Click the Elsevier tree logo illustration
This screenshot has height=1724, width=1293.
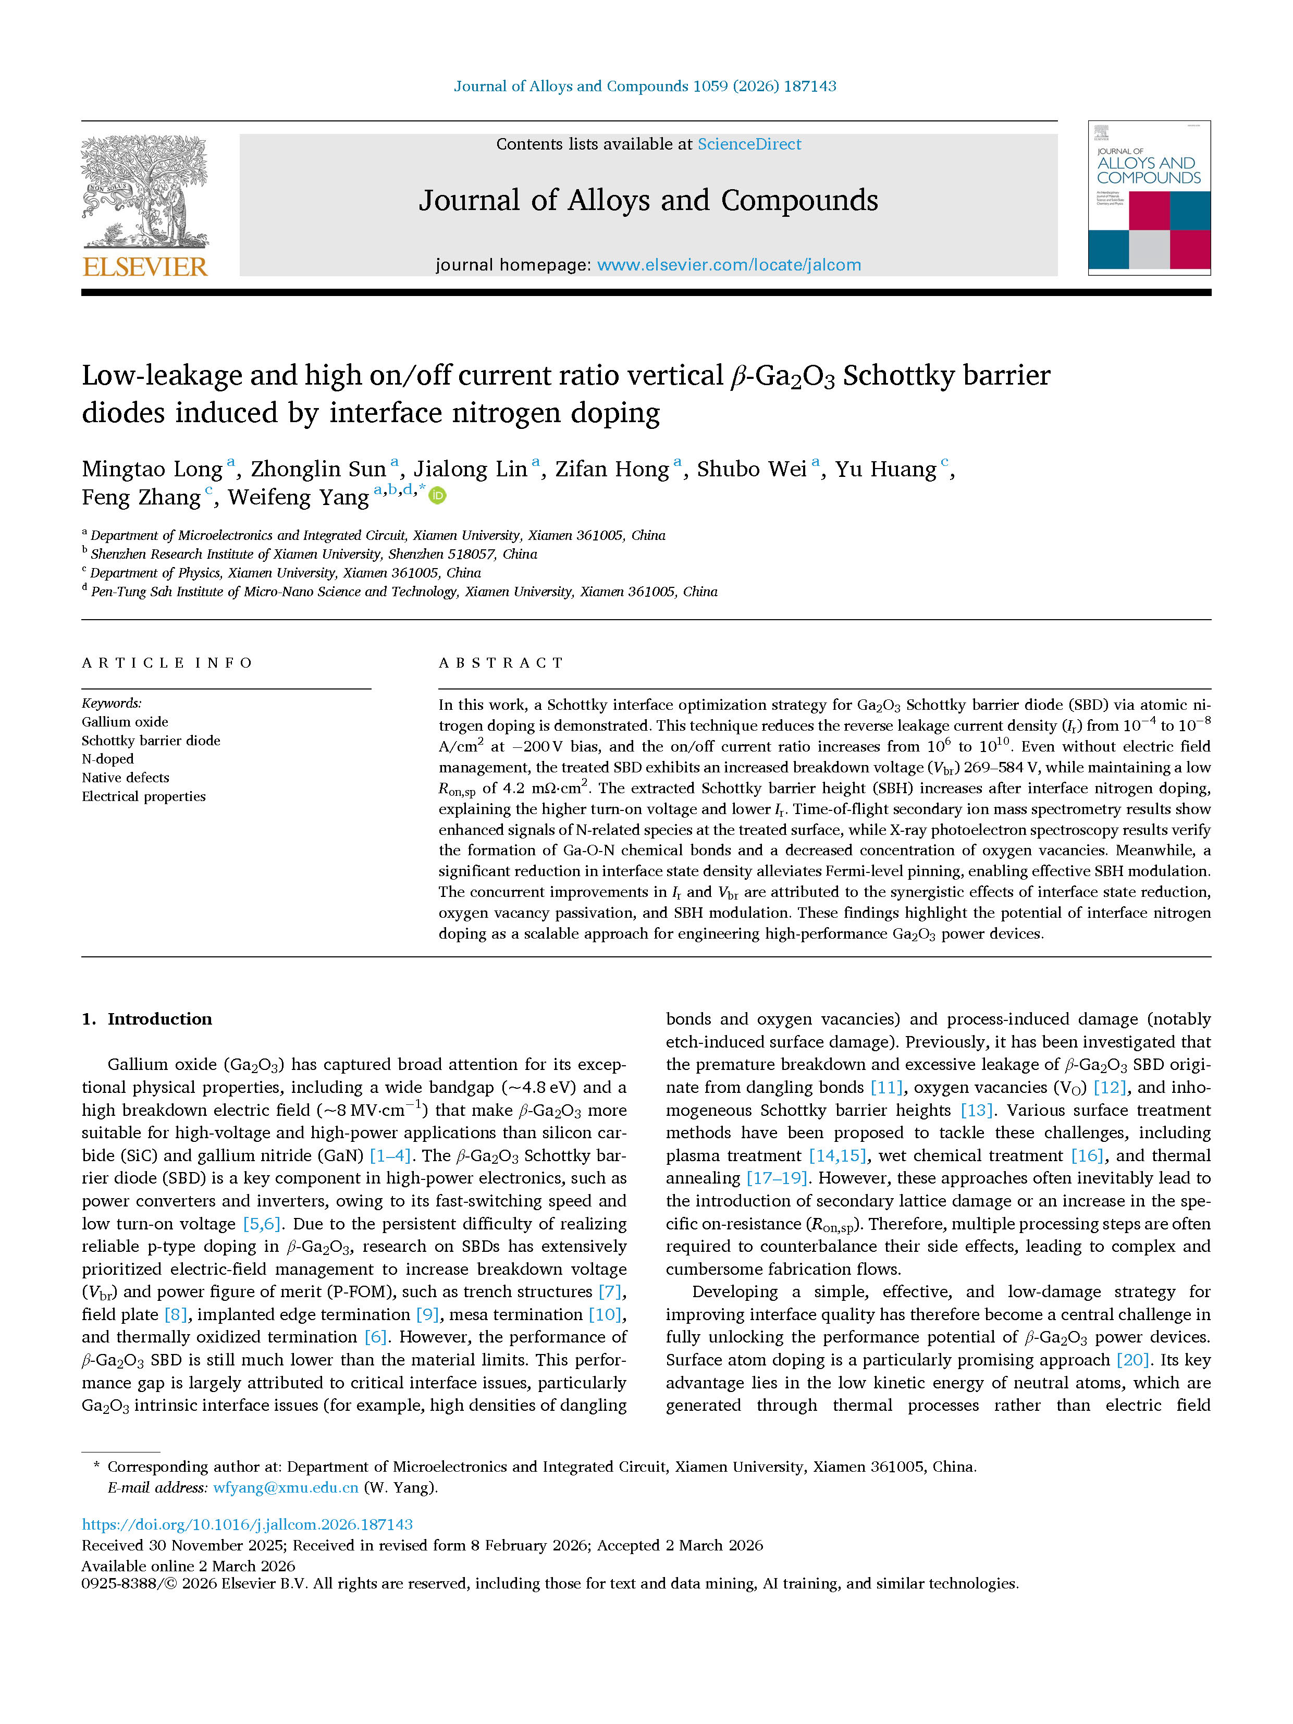pyautogui.click(x=145, y=191)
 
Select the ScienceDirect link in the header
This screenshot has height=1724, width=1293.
pyautogui.click(x=749, y=144)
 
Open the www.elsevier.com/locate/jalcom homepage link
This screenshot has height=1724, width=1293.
pyautogui.click(x=729, y=265)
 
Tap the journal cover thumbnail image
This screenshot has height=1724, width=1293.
pyautogui.click(x=1149, y=198)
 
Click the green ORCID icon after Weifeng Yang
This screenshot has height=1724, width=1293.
pyautogui.click(x=438, y=496)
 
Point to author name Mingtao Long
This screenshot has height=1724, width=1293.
pyautogui.click(x=153, y=469)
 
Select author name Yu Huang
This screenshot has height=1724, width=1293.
pyautogui.click(x=885, y=469)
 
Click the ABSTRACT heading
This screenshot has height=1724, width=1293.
pyautogui.click(x=501, y=663)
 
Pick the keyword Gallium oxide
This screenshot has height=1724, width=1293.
pyautogui.click(x=125, y=722)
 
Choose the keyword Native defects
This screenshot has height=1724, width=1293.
pyautogui.click(x=126, y=778)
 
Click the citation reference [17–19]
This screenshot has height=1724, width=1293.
pyautogui.click(x=777, y=1178)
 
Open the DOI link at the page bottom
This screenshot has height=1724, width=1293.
pyautogui.click(x=247, y=1524)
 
